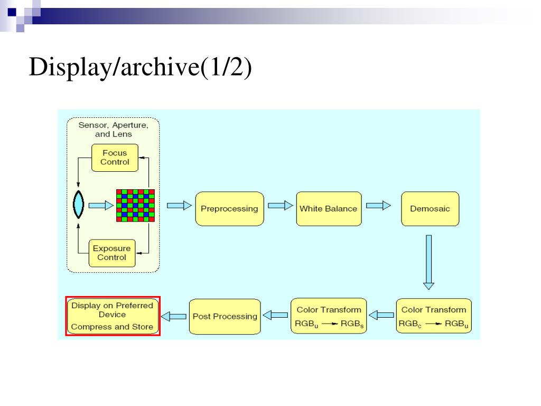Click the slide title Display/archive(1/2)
coord(141,67)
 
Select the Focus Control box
coord(115,158)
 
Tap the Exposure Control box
coord(112,253)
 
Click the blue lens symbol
coord(79,205)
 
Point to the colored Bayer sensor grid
coord(135,206)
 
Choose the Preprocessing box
coord(229,209)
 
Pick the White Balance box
coord(329,209)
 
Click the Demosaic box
coord(430,209)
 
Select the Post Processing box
coord(225,317)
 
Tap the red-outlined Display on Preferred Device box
coord(113,316)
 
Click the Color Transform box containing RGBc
coord(434,316)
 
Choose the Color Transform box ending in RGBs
coord(329,316)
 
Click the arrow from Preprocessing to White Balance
coord(280,206)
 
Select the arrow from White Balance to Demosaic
coord(378,206)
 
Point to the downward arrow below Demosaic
coord(428,262)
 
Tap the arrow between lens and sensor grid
coord(101,206)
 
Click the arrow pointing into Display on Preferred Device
coord(174,316)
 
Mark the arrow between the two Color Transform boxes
coord(381,315)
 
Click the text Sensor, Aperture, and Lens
coord(114,130)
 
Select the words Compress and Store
coord(112,327)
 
